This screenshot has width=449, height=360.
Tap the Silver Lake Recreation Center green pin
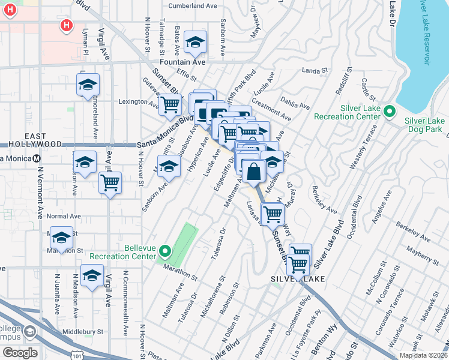[x=390, y=112]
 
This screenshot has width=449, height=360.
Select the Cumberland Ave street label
[x=191, y=6]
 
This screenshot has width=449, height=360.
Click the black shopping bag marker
[x=255, y=170]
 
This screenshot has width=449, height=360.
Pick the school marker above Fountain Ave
[x=194, y=42]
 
